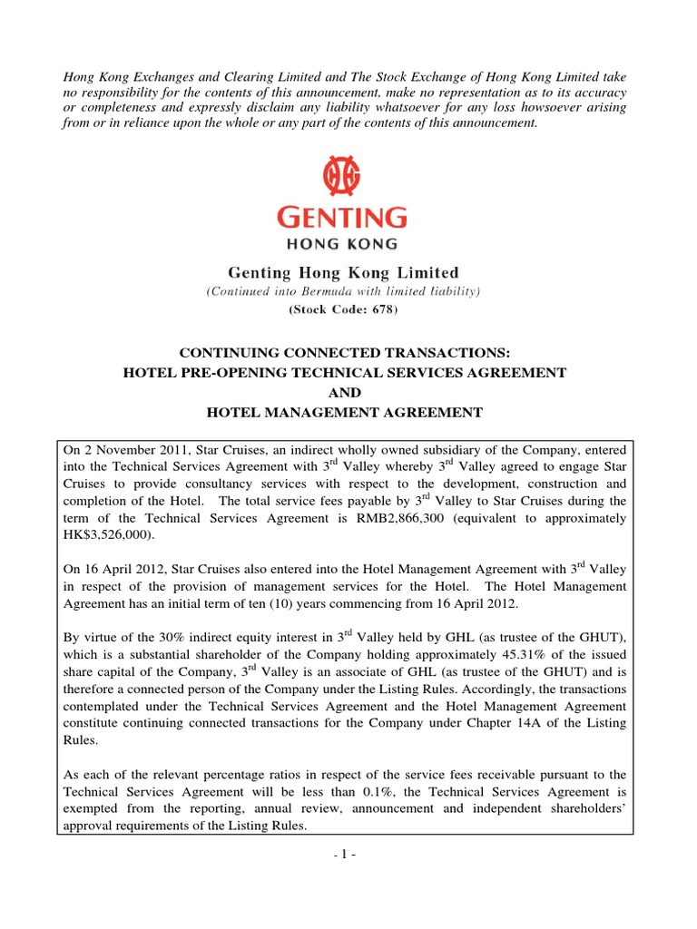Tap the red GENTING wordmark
(348, 219)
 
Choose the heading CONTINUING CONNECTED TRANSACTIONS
(348, 351)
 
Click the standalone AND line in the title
(348, 392)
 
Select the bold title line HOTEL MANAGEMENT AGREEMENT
(348, 413)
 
